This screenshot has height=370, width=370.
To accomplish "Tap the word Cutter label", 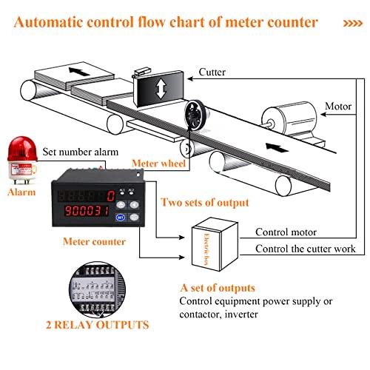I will (x=212, y=73).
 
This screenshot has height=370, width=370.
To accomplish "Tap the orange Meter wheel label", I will (x=156, y=163).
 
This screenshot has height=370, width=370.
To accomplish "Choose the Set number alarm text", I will (x=81, y=152).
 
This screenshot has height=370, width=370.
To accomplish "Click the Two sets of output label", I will (x=204, y=202).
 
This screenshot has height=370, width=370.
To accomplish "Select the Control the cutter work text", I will (x=306, y=249).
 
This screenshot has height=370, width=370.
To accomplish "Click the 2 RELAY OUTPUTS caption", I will (x=96, y=324).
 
